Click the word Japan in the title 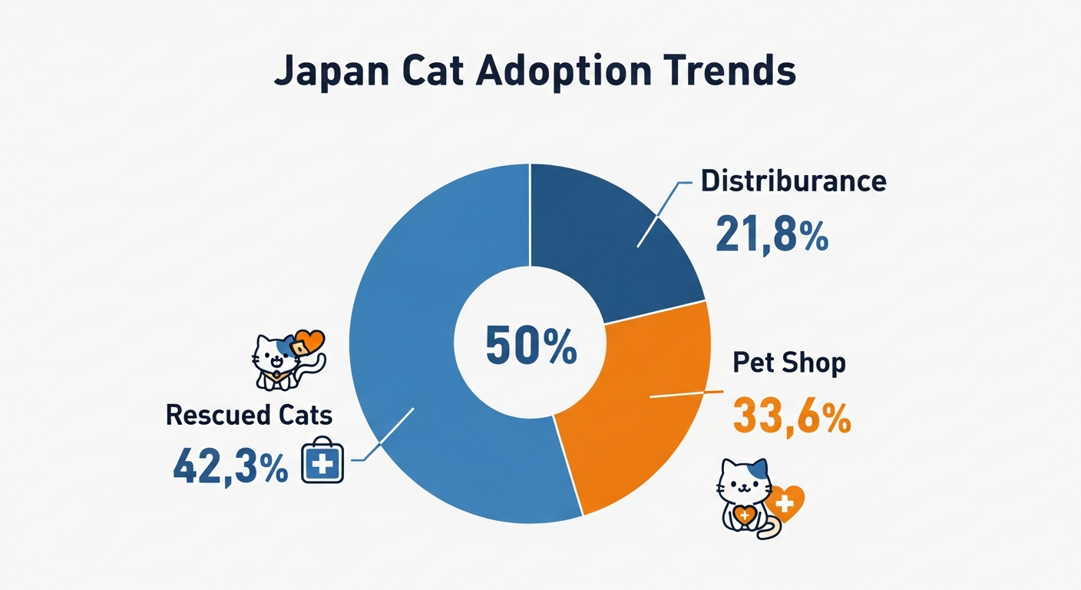coord(332,72)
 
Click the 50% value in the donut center coord(531,345)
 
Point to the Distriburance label coord(793,181)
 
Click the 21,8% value coord(772,234)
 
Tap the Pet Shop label coord(789,362)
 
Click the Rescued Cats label coord(249,415)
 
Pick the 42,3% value coord(230,468)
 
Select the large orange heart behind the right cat coord(785,503)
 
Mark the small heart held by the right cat coord(744,515)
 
